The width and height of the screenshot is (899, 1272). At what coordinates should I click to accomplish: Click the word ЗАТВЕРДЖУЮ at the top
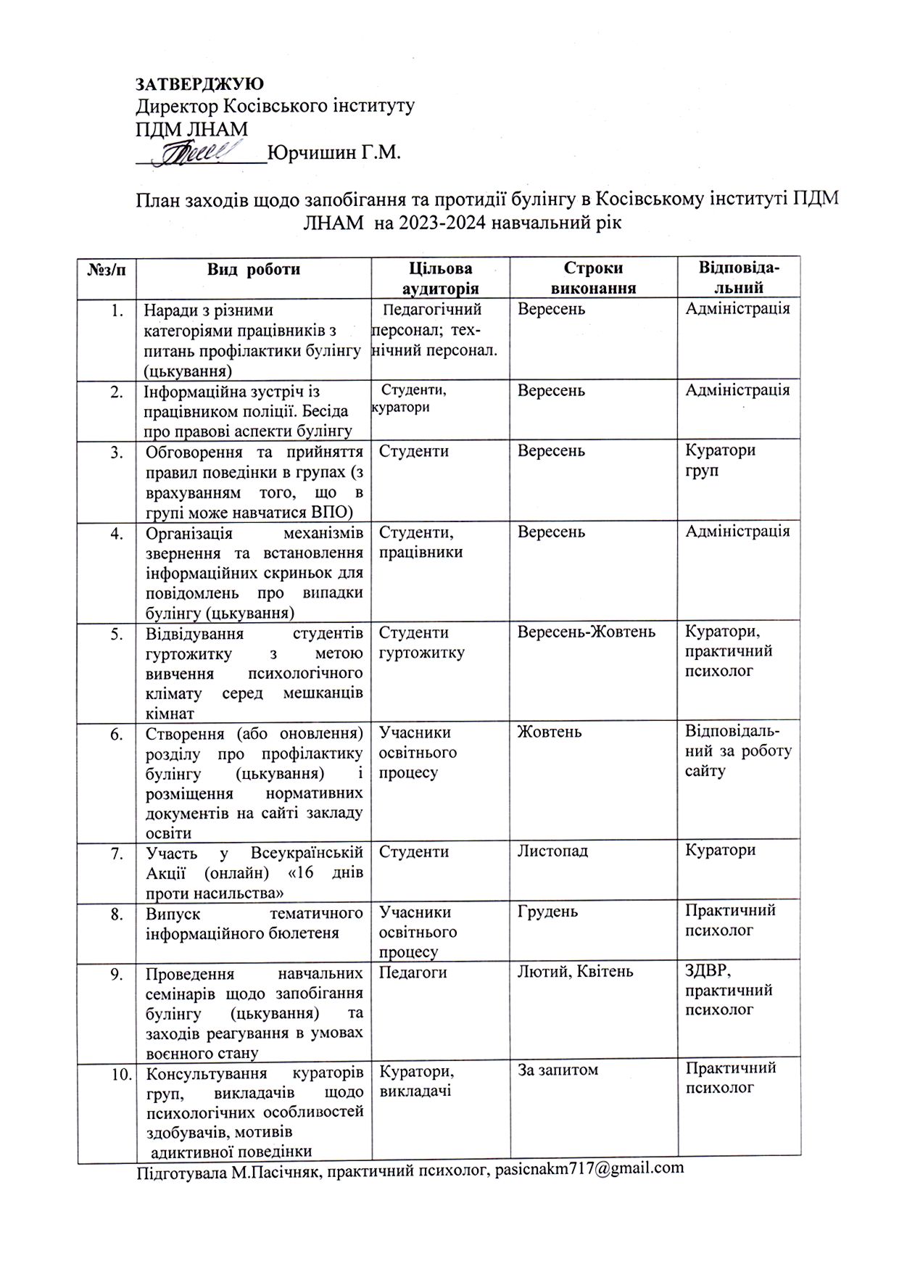pyautogui.click(x=200, y=84)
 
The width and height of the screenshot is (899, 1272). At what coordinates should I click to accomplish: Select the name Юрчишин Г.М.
pyautogui.click(x=334, y=153)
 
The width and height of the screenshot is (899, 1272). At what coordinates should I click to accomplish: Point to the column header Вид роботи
pyautogui.click(x=254, y=270)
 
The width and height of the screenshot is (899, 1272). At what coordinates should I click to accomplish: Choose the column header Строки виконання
pyautogui.click(x=594, y=278)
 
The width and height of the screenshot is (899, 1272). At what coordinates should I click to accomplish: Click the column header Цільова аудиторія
pyautogui.click(x=441, y=278)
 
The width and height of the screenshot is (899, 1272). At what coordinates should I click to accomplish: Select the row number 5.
pyautogui.click(x=117, y=633)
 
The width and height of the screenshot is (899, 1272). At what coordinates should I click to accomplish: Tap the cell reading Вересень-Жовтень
pyautogui.click(x=587, y=632)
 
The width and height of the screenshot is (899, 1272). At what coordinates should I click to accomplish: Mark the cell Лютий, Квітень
pyautogui.click(x=576, y=972)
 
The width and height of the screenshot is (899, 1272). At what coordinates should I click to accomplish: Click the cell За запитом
pyautogui.click(x=558, y=1069)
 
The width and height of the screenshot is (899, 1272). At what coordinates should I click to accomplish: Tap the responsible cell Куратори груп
pyautogui.click(x=721, y=460)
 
